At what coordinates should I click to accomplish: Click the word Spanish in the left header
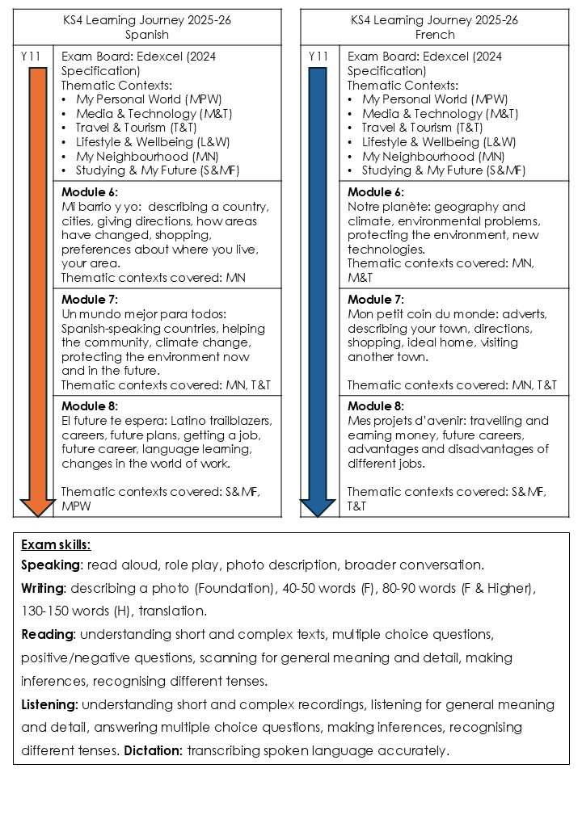[147, 35]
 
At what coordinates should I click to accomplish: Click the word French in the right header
[435, 35]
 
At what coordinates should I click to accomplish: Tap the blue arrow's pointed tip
[318, 514]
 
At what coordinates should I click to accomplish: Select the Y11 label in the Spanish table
[30, 57]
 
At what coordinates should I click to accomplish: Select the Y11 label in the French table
[318, 57]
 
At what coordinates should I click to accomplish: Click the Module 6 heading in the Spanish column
[90, 192]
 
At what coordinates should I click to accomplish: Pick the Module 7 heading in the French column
[376, 300]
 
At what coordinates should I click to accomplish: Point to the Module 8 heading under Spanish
[90, 406]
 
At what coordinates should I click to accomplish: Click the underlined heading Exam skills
[56, 544]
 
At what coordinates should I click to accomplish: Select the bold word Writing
[42, 588]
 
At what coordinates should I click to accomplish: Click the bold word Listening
[49, 704]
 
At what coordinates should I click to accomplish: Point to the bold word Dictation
[153, 751]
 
